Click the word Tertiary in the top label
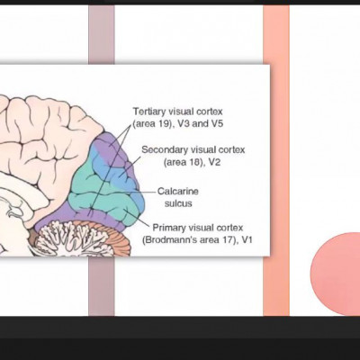pos(148,112)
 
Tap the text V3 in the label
pos(184,123)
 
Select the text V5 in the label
pos(218,123)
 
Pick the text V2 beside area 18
pos(214,162)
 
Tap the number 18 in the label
pos(194,162)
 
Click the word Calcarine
pos(178,191)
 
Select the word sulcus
pos(178,203)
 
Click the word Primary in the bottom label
pos(165,228)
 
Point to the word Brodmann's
pos(169,240)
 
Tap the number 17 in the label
pos(229,240)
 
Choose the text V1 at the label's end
pos(247,240)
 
